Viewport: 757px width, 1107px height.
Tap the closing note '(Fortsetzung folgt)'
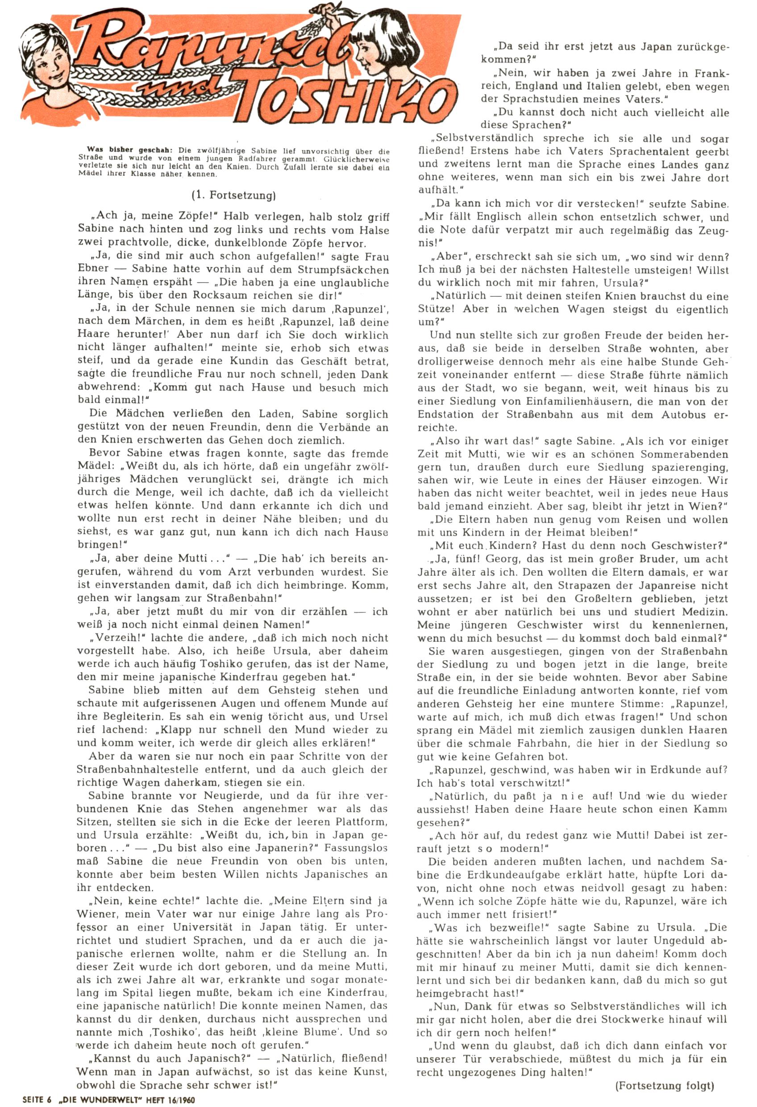point(665,1085)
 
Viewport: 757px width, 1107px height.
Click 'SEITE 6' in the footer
point(37,1100)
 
